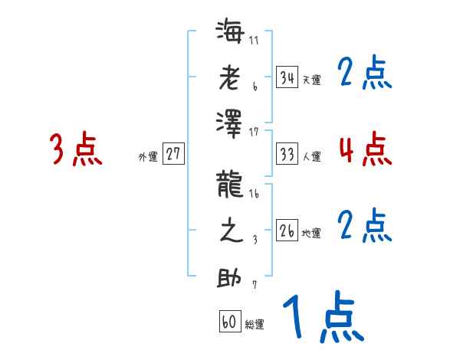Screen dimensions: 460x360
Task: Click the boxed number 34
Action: click(287, 77)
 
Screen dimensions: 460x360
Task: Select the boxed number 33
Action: click(287, 154)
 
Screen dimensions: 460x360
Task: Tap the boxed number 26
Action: click(287, 231)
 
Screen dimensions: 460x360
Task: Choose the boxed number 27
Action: click(173, 154)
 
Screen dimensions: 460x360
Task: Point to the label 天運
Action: click(311, 80)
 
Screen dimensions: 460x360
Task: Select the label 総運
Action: click(255, 325)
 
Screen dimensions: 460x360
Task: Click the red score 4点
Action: click(365, 149)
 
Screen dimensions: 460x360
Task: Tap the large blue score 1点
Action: click(324, 318)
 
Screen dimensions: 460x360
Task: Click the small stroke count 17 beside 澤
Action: click(254, 133)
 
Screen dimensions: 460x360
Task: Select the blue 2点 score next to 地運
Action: click(365, 226)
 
